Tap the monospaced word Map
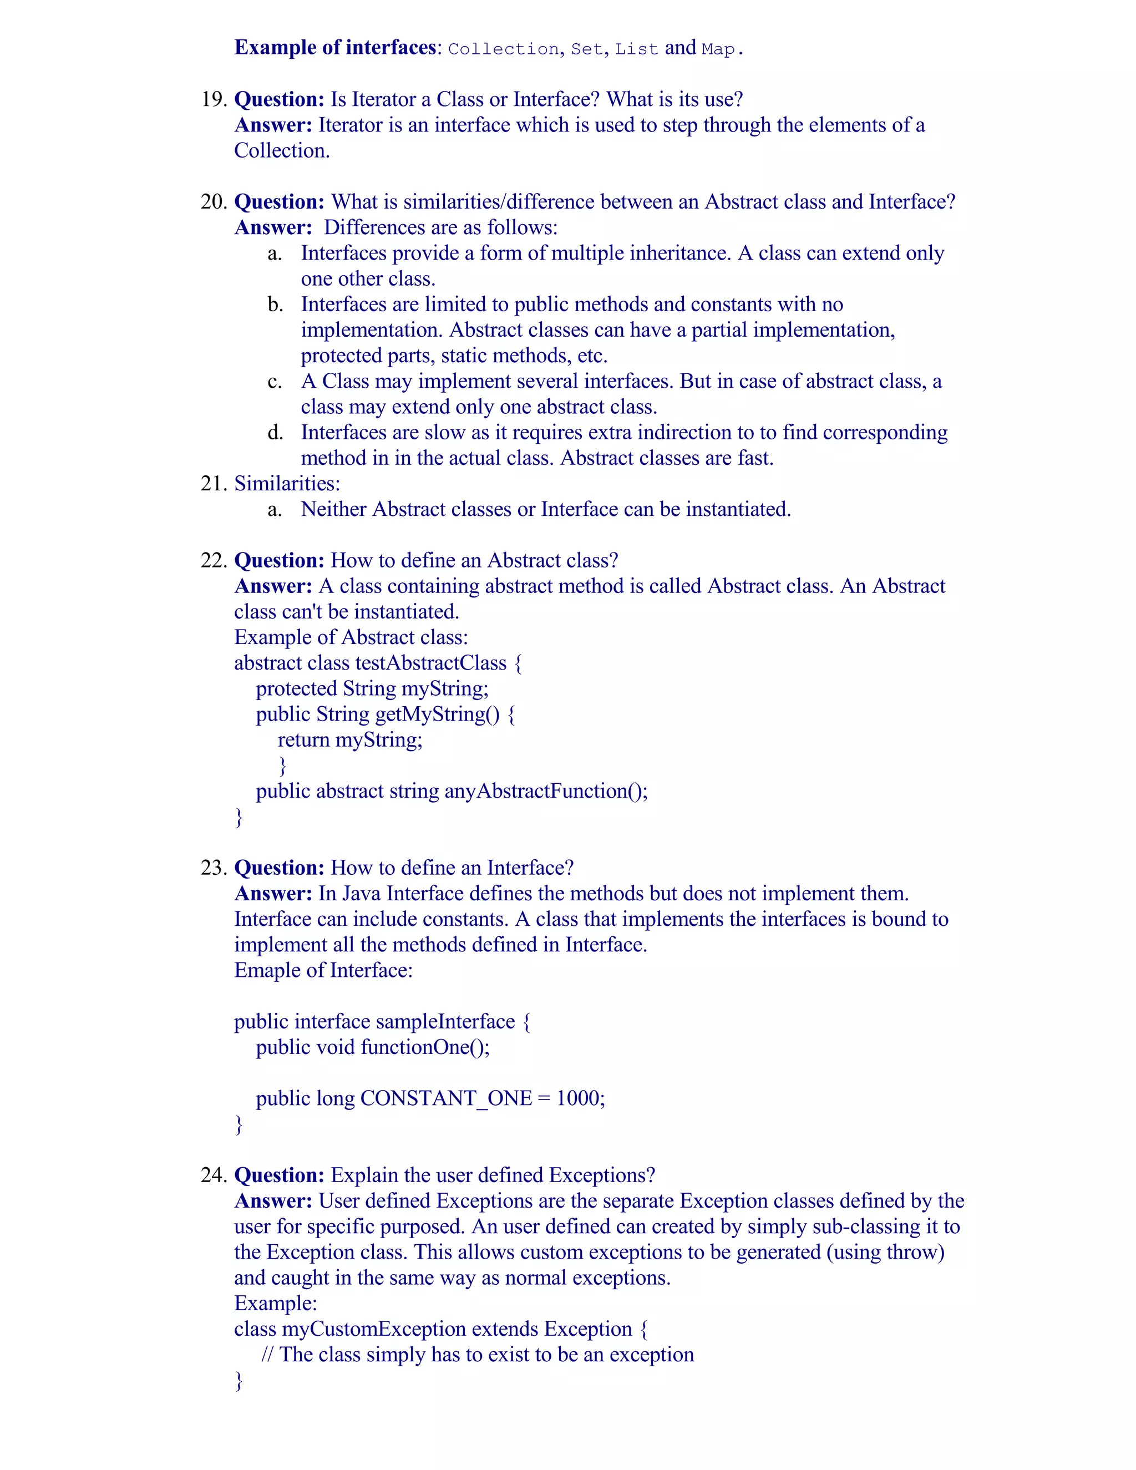[718, 49]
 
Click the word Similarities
[287, 483]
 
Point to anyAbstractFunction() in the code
[545, 791]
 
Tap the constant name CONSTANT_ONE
[446, 1098]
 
